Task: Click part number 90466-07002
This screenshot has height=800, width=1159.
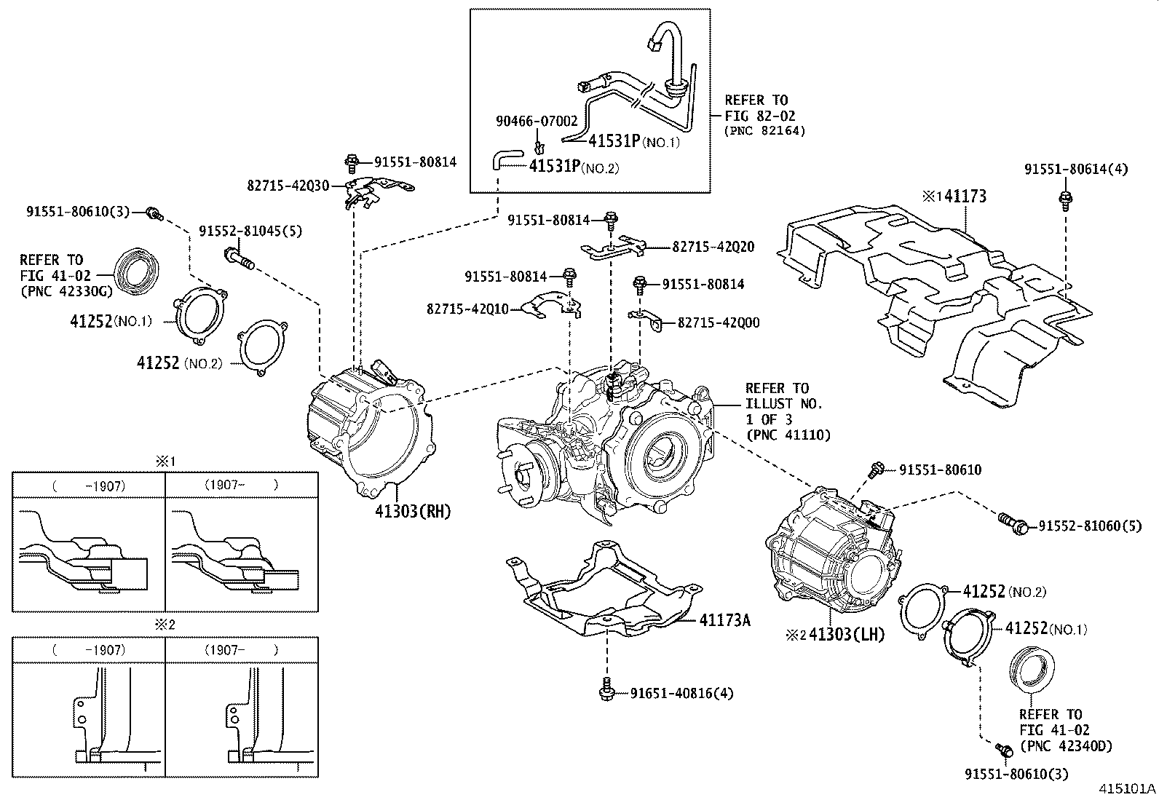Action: tap(537, 122)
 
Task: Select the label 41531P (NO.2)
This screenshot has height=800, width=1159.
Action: tap(573, 167)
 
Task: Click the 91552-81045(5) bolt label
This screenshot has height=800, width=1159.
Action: tap(250, 231)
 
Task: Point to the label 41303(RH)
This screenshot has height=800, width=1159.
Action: tap(413, 512)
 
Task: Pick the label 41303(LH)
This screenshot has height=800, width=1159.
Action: tap(846, 635)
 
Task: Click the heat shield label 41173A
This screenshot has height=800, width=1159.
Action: tap(724, 620)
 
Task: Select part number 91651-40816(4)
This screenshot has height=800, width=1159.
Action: tap(681, 693)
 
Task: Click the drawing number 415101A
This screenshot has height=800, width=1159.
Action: tap(1127, 788)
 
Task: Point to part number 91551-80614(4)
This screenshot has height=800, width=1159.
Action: tap(1076, 169)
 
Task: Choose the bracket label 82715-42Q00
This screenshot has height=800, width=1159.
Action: tap(718, 322)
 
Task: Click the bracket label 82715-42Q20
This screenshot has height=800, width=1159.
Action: tap(713, 247)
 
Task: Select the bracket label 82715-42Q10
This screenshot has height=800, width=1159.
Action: tap(467, 309)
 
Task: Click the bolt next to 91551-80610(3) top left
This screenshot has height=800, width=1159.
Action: tap(154, 213)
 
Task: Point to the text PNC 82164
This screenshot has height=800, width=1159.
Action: tap(764, 131)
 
